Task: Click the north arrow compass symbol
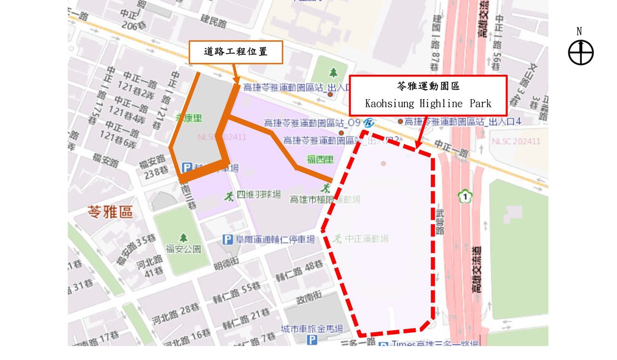(x=581, y=53)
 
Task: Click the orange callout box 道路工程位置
(x=235, y=53)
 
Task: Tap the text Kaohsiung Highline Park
(x=428, y=103)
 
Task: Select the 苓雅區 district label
(x=110, y=212)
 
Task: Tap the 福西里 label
(x=320, y=159)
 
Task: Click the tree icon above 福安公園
(x=183, y=237)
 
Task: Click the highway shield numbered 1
(x=463, y=195)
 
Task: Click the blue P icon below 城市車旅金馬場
(x=312, y=340)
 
